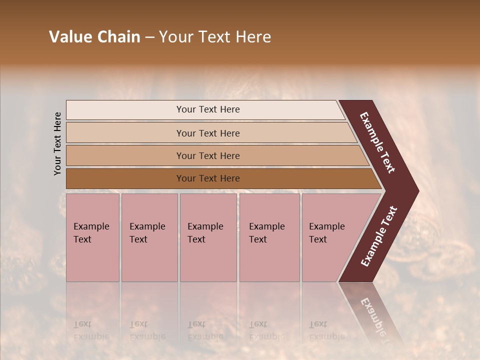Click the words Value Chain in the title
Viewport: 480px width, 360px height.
[94, 37]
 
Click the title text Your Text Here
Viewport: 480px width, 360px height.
[215, 37]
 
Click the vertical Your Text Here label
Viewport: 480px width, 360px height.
[57, 143]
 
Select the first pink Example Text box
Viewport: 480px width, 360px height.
[92, 237]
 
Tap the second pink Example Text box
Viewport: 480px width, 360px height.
[149, 237]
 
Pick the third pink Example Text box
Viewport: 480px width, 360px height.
[208, 237]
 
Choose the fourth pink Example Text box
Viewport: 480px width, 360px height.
[269, 237]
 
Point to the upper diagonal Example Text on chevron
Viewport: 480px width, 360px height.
[377, 142]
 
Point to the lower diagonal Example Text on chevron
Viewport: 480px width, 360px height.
[379, 236]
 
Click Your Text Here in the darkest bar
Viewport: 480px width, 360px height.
[208, 178]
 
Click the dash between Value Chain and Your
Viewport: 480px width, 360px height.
[149, 37]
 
